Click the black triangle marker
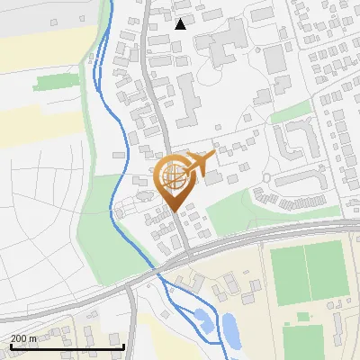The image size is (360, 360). [181, 24]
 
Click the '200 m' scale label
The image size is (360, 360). [24, 337]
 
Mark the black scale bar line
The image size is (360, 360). [67, 346]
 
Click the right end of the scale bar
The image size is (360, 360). [123, 346]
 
